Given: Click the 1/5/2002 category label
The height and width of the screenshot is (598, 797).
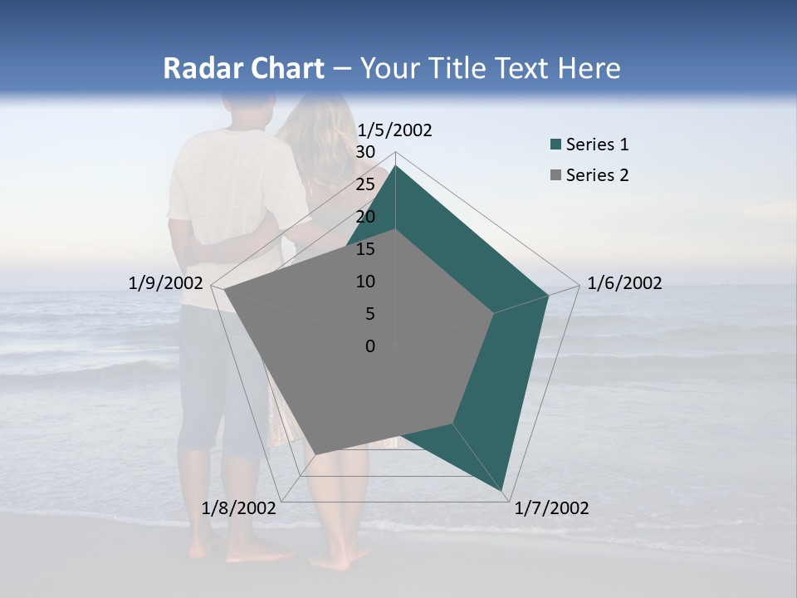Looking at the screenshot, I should point(394,130).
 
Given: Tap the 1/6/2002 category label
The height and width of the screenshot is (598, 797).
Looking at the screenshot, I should point(624,283).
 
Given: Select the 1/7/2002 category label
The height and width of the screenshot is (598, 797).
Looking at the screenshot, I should point(551,508).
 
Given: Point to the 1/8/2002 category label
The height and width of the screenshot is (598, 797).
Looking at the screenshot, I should point(239,508).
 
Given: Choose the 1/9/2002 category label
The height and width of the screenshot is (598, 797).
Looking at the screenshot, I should point(166,283).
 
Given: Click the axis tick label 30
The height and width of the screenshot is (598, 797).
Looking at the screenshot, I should point(365,152).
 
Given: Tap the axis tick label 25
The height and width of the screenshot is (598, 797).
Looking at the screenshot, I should point(365,184).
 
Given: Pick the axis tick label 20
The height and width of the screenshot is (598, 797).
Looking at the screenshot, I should point(365,217).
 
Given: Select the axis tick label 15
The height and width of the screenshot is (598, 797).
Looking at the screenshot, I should point(365,249).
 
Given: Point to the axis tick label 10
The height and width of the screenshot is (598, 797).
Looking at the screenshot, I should point(365,282).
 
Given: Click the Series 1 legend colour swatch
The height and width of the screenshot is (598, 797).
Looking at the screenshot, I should point(555,145).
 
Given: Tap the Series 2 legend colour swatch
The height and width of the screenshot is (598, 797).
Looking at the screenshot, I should point(555,175).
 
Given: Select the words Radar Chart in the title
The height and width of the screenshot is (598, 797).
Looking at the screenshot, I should point(243,69).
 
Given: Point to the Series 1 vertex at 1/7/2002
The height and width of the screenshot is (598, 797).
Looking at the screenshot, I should point(502,490).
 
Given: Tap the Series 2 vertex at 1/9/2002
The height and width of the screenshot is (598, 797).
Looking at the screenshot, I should point(224,291).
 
